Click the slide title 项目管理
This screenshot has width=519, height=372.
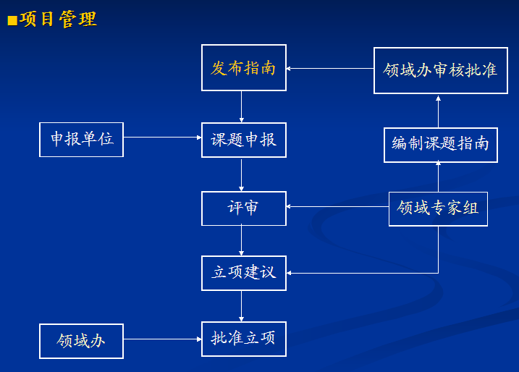pyautogui.click(x=58, y=19)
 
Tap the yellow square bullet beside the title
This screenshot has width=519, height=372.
pyautogui.click(x=12, y=20)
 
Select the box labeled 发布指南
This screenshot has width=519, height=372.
pyautogui.click(x=244, y=67)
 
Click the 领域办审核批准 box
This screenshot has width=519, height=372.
pyautogui.click(x=441, y=70)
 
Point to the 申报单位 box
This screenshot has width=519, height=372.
pyautogui.click(x=81, y=140)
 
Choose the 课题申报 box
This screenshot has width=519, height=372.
pyautogui.click(x=244, y=140)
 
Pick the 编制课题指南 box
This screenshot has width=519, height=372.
pyautogui.click(x=441, y=145)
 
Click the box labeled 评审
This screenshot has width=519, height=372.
pyautogui.click(x=244, y=208)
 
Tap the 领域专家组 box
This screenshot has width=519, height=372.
pyautogui.click(x=438, y=209)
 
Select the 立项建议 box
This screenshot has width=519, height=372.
pyautogui.click(x=244, y=273)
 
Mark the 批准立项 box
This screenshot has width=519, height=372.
pyautogui.click(x=244, y=339)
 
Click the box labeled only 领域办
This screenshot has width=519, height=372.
pyautogui.click(x=81, y=341)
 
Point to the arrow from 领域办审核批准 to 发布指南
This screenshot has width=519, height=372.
pyautogui.click(x=330, y=69)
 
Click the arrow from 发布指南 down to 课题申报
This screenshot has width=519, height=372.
pyautogui.click(x=241, y=106)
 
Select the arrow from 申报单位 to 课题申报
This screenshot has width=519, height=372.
pyautogui.click(x=163, y=137)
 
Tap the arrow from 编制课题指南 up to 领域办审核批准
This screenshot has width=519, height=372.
pyautogui.click(x=438, y=111)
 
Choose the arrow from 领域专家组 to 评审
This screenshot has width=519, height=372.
pyautogui.click(x=337, y=206)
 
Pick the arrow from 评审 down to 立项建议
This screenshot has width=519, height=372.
pyautogui.click(x=241, y=240)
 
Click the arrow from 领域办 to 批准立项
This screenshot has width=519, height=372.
pyautogui.click(x=163, y=339)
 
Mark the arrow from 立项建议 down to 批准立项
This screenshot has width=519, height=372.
pyautogui.click(x=241, y=306)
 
